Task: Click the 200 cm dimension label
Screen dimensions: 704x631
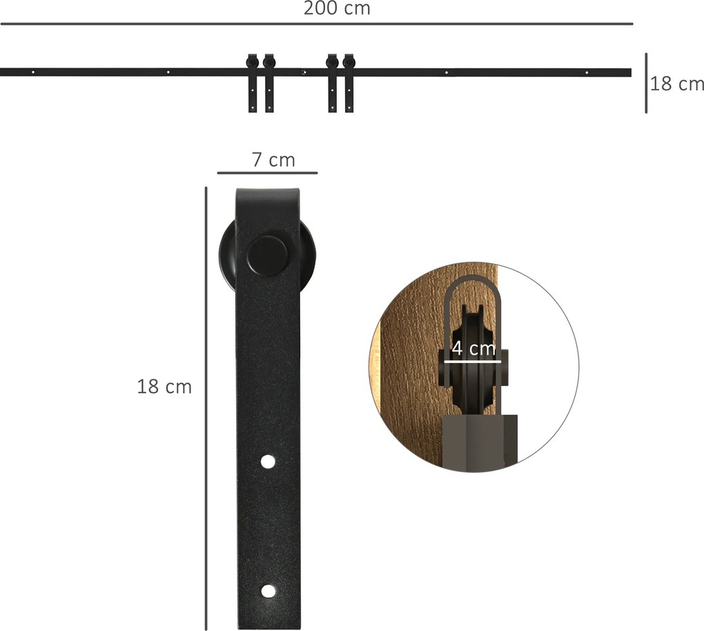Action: click(337, 8)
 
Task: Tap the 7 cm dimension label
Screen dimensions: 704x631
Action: click(273, 160)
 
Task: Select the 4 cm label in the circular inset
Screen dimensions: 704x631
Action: click(473, 348)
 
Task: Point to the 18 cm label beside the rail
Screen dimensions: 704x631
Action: click(676, 84)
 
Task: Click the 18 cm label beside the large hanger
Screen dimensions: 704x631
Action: click(164, 387)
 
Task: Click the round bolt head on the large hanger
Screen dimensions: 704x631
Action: click(268, 255)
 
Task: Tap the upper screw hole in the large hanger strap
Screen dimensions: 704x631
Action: click(268, 462)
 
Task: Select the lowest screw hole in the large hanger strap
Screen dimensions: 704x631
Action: click(268, 592)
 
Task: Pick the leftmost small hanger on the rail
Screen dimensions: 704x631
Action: click(253, 83)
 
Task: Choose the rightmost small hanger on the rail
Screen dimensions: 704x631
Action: click(349, 83)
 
